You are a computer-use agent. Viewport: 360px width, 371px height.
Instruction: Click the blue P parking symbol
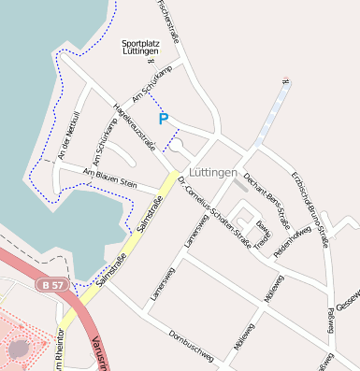click(164, 119)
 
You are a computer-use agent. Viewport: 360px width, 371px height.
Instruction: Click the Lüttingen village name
click(212, 173)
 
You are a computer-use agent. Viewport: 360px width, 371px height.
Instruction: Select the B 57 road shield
click(53, 282)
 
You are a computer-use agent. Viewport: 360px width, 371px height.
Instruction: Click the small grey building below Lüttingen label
click(241, 186)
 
